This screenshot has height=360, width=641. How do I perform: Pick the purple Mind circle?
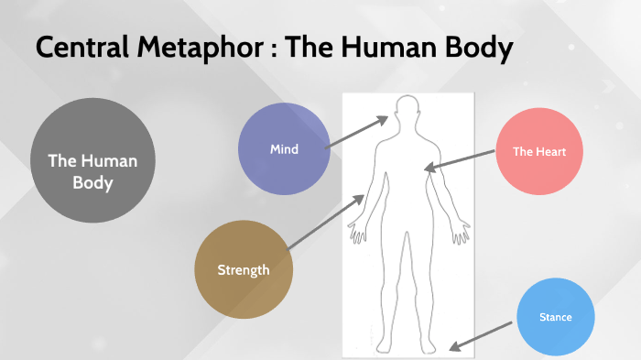pos(284,149)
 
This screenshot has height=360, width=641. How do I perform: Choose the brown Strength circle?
pos(244,269)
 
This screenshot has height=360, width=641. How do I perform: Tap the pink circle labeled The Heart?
pos(534,152)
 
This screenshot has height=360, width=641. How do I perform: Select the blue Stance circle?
pos(556,318)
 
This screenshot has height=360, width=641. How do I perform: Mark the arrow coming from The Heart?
pos(460,159)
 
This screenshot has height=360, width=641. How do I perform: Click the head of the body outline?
pos(406,111)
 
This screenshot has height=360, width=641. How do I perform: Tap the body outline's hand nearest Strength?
pos(358,231)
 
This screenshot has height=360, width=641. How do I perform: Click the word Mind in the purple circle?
pos(284,149)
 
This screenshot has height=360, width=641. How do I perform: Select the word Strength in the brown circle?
pos(244,269)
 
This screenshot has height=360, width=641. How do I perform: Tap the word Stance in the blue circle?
pos(556,318)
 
